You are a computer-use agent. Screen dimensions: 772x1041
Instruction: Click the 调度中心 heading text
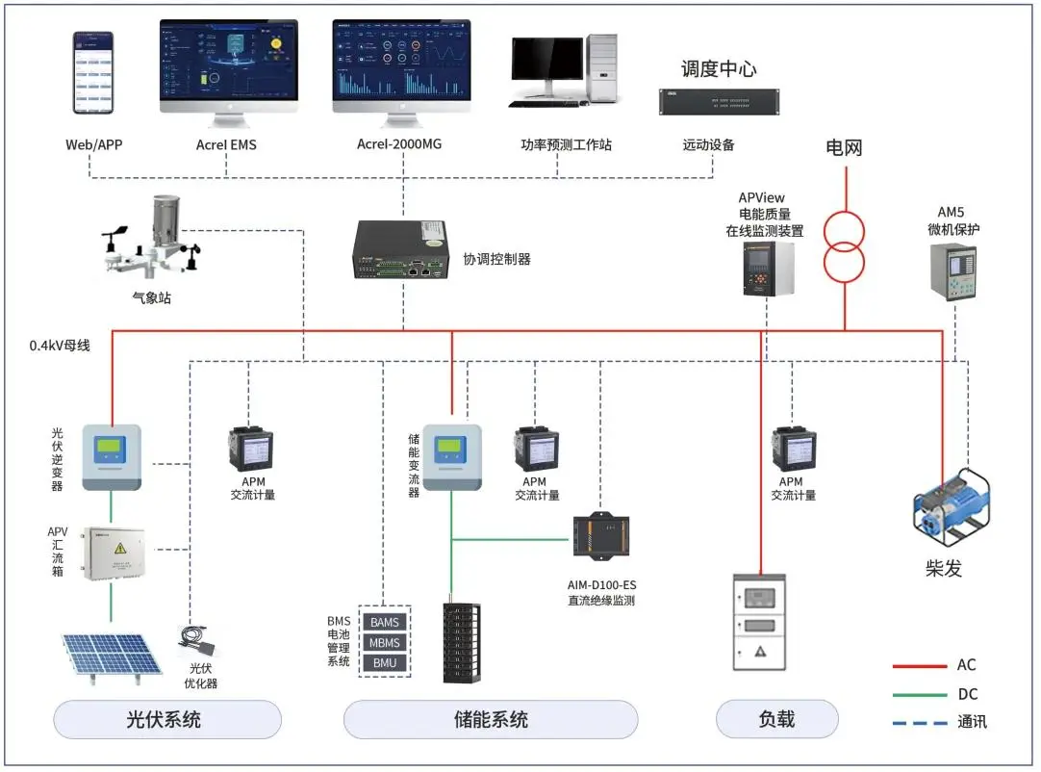click(x=718, y=69)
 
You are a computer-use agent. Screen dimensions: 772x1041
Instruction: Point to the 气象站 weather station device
click(x=154, y=241)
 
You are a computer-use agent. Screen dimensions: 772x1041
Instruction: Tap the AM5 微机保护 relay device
click(x=952, y=270)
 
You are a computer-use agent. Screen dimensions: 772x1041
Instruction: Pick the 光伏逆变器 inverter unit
click(x=112, y=457)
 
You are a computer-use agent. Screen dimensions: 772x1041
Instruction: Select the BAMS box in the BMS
click(x=385, y=623)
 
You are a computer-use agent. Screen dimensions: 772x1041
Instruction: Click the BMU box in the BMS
click(x=385, y=663)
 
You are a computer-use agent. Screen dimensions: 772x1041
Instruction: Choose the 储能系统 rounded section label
click(x=491, y=719)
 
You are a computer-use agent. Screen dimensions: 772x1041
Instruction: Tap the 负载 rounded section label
click(x=776, y=719)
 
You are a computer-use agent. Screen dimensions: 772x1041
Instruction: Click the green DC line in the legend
click(x=918, y=694)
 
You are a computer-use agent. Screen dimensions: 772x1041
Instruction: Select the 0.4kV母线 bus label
click(x=61, y=345)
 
